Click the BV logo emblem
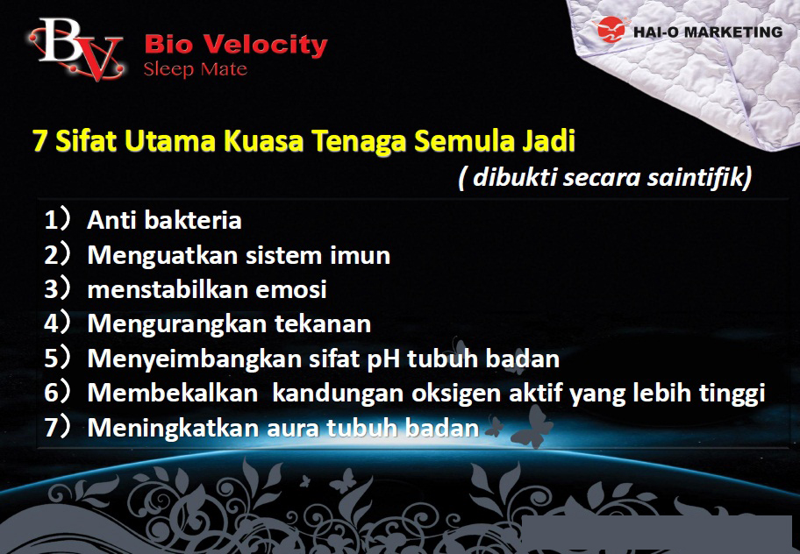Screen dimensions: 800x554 pos(76,48)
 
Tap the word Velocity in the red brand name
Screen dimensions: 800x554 pos(267,46)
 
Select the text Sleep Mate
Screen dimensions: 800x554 pos(196,69)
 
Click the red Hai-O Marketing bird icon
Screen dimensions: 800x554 pos(611,30)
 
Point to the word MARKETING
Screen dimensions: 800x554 pos(733,32)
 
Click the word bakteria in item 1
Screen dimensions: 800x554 pos(193,220)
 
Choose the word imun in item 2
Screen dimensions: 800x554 pos(360,255)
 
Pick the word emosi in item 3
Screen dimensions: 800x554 pos(291,289)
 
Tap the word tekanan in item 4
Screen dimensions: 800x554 pos(323,323)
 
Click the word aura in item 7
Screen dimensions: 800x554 pos(294,428)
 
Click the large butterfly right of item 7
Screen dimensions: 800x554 pos(532,427)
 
